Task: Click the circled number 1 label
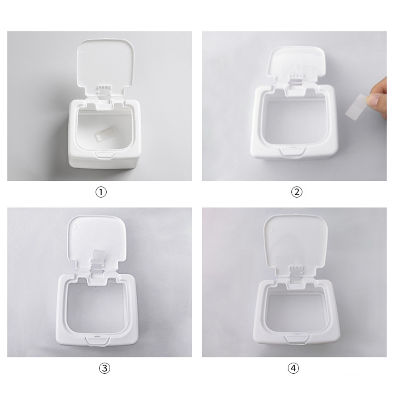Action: pyautogui.click(x=101, y=192)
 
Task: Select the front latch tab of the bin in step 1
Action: pyautogui.click(x=102, y=155)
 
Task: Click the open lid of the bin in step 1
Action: pyautogui.click(x=106, y=66)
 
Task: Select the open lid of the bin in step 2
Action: pyautogui.click(x=297, y=65)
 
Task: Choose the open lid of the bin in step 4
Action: pyautogui.click(x=295, y=243)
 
